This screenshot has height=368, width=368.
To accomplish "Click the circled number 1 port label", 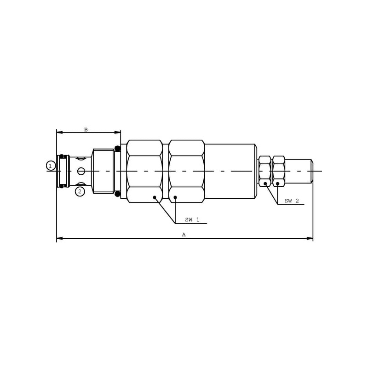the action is (x=51, y=166).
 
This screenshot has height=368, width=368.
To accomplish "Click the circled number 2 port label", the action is (x=80, y=191).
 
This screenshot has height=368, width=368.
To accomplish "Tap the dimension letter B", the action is (x=86, y=130).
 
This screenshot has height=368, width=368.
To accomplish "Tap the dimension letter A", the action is (x=184, y=235).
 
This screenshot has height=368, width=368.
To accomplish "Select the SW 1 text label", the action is (x=192, y=220).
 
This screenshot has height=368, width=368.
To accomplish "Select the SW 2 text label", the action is (x=292, y=201).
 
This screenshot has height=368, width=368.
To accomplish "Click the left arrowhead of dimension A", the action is (x=60, y=238).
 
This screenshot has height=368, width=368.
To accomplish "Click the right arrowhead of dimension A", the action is (x=310, y=238).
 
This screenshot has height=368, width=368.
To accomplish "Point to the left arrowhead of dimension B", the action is (x=60, y=132).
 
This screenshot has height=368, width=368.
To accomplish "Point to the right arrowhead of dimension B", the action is (x=118, y=132).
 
